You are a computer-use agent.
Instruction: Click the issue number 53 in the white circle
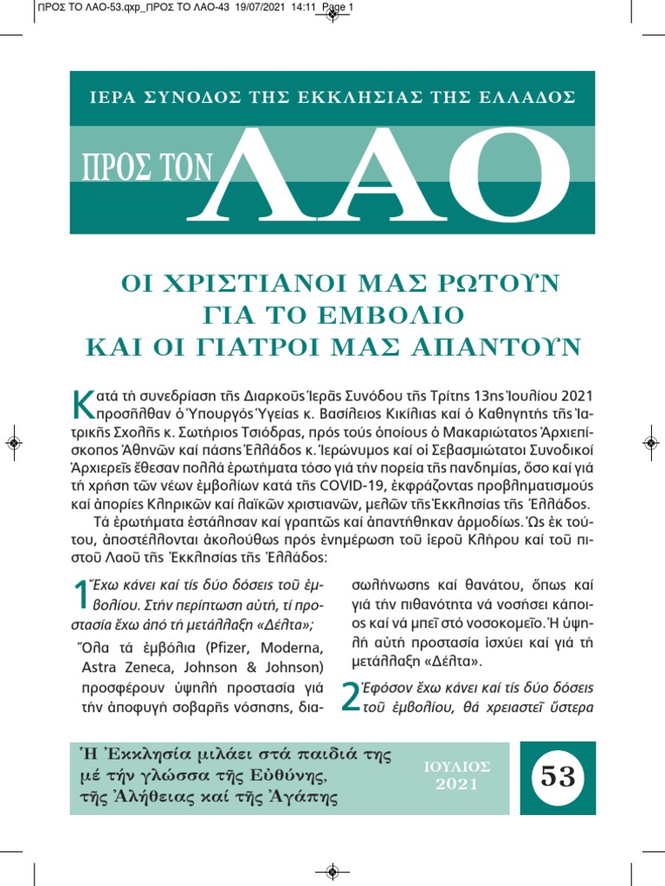click(x=558, y=777)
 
